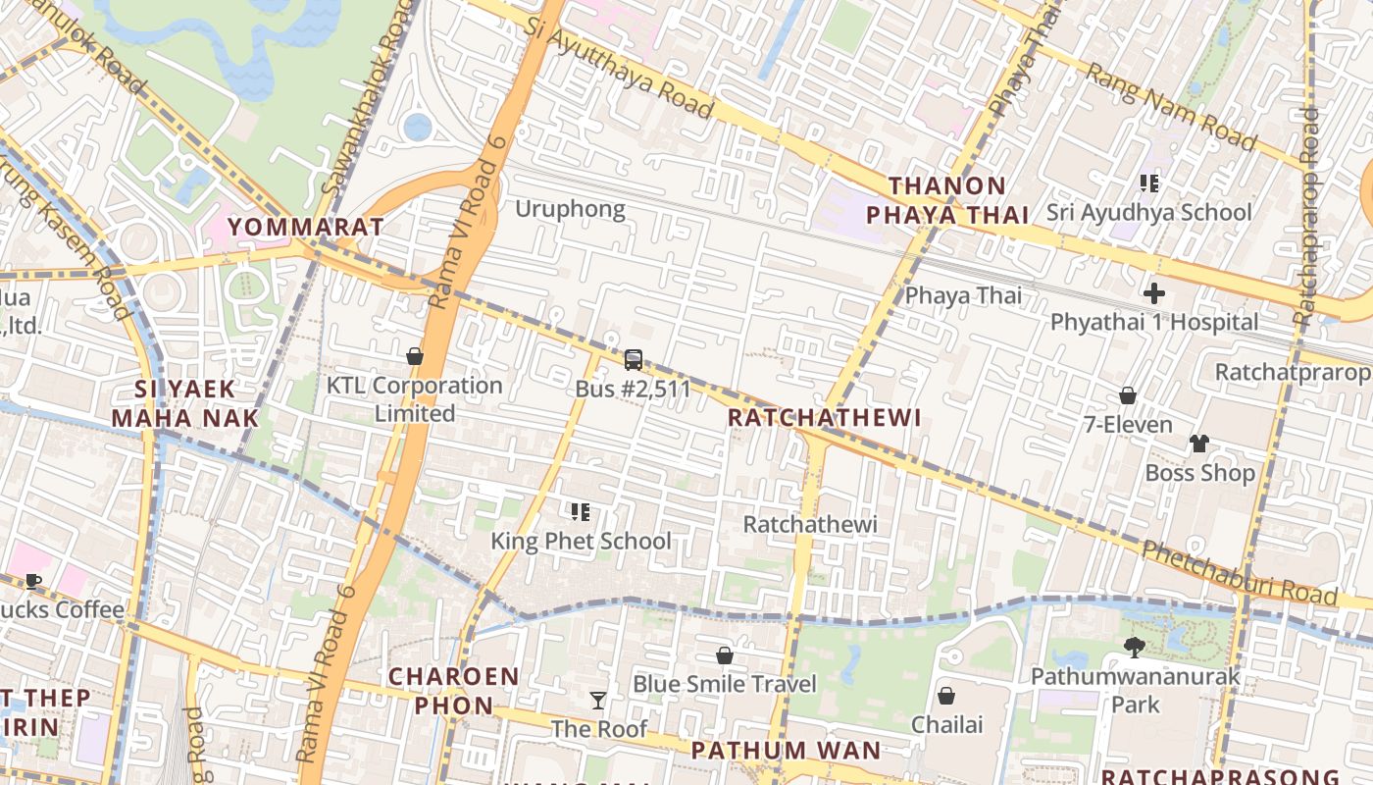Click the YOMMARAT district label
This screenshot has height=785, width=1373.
[x=305, y=228]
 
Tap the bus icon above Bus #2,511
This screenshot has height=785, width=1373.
[x=634, y=360]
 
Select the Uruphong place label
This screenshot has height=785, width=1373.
[x=570, y=209]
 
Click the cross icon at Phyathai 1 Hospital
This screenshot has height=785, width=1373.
[x=1154, y=292]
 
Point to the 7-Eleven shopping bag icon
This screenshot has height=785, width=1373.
[x=1128, y=395]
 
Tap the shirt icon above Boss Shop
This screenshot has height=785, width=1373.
[x=1198, y=444]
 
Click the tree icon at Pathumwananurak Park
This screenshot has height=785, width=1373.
[x=1135, y=647]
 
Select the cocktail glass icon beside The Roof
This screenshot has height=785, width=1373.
[x=598, y=700]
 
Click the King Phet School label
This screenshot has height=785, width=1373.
[x=581, y=541]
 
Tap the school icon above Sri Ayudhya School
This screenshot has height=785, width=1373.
[x=1149, y=183]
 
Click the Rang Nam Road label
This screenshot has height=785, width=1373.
[x=1170, y=108]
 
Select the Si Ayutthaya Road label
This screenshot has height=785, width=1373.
[x=618, y=68]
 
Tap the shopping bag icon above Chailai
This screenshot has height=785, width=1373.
[x=946, y=696]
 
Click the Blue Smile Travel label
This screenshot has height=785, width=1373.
[x=725, y=684]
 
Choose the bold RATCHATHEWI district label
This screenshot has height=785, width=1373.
[x=825, y=418]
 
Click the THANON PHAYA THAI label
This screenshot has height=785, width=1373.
[x=946, y=200]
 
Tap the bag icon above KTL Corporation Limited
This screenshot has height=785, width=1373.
[x=415, y=356]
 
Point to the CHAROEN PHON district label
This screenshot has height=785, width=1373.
[x=453, y=691]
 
